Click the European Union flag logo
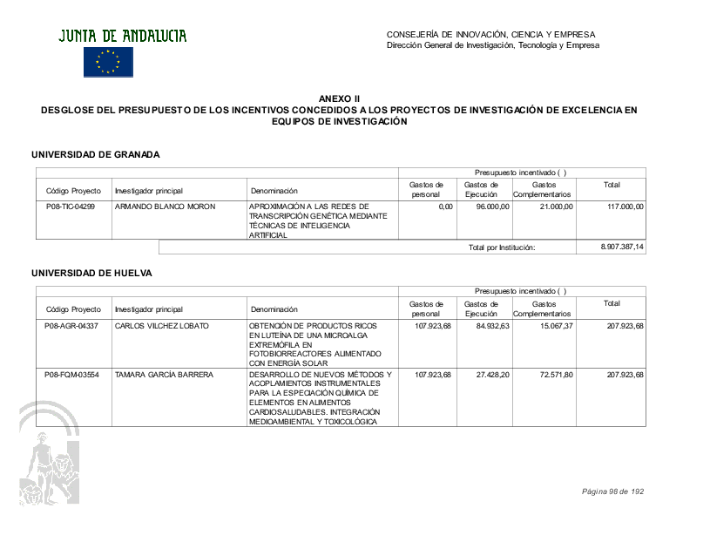coord(108,62)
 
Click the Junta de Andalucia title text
coord(123,36)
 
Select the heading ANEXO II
coord(339,100)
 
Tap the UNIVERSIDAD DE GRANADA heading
coord(96,154)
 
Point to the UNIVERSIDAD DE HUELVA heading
coord(91,273)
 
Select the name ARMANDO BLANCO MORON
coord(166,207)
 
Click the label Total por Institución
coord(501,247)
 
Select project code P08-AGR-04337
coord(71,326)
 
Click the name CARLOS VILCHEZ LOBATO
coord(162,326)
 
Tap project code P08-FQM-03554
coord(71,375)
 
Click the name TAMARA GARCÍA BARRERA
coord(164,375)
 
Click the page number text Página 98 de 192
coord(612,491)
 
